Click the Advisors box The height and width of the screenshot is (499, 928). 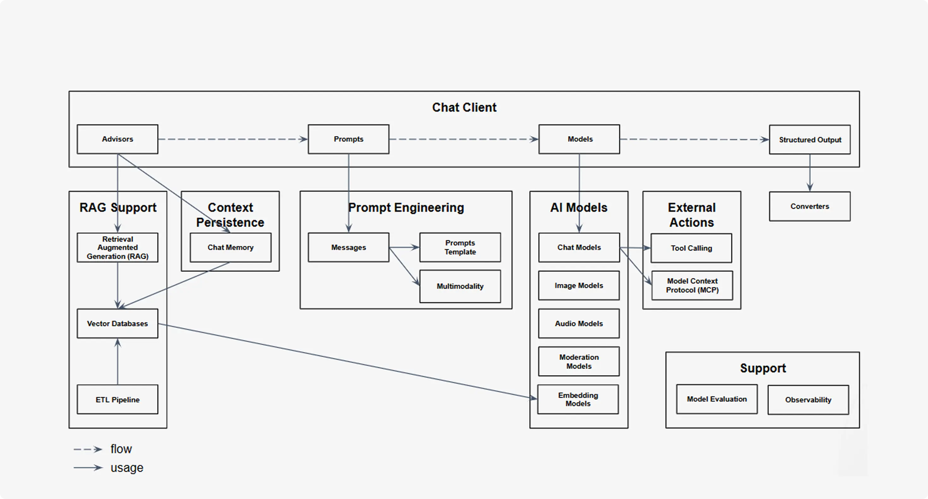coord(117,139)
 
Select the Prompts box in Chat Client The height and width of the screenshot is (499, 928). coord(348,139)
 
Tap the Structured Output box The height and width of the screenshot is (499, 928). coord(810,140)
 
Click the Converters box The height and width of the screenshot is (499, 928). coord(810,206)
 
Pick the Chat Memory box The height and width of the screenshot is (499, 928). coord(230,247)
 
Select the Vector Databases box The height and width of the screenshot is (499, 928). coord(117,323)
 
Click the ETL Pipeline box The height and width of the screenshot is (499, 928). coord(117,399)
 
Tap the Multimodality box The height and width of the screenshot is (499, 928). coord(460,286)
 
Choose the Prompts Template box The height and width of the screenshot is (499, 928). coord(460,247)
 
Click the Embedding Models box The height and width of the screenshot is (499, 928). coord(578,399)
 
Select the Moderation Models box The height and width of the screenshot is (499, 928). coord(579,361)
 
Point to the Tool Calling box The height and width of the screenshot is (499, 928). coord(691,248)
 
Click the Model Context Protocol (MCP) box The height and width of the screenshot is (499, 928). coord(692,285)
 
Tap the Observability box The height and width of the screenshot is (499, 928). coord(808,400)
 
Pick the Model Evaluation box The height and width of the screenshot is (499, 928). coord(717,399)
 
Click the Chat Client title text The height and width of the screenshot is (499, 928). coord(464,107)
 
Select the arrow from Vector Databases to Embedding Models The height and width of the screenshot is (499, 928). coord(348,361)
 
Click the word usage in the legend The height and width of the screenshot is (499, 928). coord(127,468)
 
